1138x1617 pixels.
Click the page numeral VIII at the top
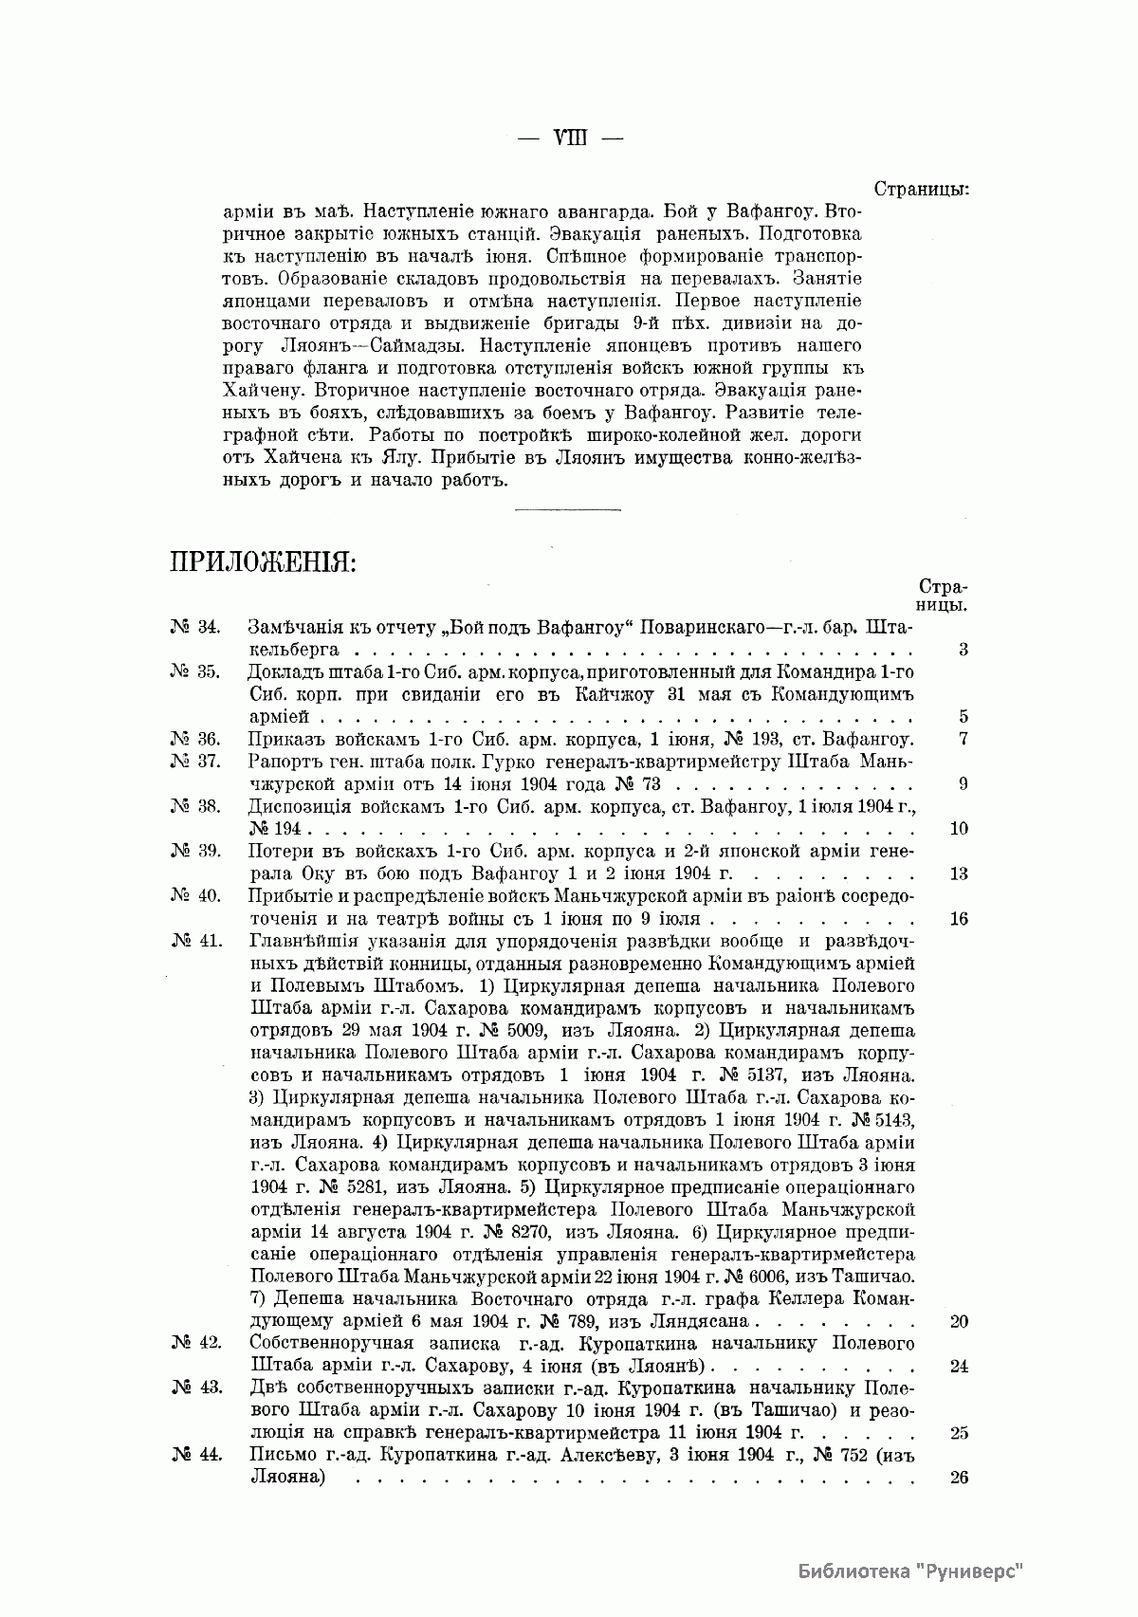(569, 137)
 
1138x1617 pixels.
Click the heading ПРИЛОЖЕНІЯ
(263, 562)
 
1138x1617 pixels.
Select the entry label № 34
(196, 628)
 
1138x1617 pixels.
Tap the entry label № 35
(196, 671)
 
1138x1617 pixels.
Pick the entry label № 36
(196, 739)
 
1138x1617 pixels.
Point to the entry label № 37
(196, 762)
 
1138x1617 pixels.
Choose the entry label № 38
(196, 806)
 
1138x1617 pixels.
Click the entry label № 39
(196, 851)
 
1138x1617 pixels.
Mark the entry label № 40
(196, 895)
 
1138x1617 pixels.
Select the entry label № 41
(196, 941)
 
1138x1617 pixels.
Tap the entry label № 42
(196, 1343)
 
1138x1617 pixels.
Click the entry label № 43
(196, 1387)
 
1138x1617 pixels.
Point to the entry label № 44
(196, 1455)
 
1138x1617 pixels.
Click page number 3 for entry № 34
(963, 651)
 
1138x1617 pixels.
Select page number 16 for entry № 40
(958, 918)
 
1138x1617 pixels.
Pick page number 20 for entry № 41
(958, 1321)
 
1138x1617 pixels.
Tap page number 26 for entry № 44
(958, 1478)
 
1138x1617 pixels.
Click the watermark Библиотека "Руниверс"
(911, 1570)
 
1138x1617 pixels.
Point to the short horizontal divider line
(566, 511)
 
